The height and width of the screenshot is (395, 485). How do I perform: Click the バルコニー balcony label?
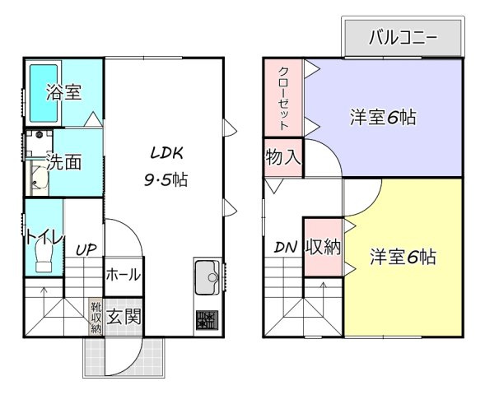(403, 38)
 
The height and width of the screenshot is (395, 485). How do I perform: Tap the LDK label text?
(166, 153)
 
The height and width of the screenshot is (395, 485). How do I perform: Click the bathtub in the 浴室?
(44, 93)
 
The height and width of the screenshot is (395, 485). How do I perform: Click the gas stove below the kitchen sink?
(207, 320)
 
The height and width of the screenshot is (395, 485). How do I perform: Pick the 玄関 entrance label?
(124, 317)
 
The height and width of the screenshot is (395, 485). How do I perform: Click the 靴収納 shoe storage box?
(96, 317)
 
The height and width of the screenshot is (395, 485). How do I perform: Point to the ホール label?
(124, 275)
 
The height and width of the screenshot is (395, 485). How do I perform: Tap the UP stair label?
(86, 249)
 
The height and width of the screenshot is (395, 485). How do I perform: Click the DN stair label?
(286, 247)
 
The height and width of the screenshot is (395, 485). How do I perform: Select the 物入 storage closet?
(283, 158)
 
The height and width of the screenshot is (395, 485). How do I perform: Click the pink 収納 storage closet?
(324, 247)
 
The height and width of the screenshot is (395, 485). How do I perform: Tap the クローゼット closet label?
(283, 98)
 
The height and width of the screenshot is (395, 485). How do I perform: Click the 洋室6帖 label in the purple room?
(383, 118)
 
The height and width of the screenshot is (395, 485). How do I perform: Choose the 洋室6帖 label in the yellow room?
(403, 257)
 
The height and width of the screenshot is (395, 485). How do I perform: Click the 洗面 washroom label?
(63, 161)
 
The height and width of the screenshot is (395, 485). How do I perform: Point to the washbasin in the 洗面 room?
(40, 180)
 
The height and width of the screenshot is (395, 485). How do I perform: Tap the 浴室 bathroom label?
(64, 92)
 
